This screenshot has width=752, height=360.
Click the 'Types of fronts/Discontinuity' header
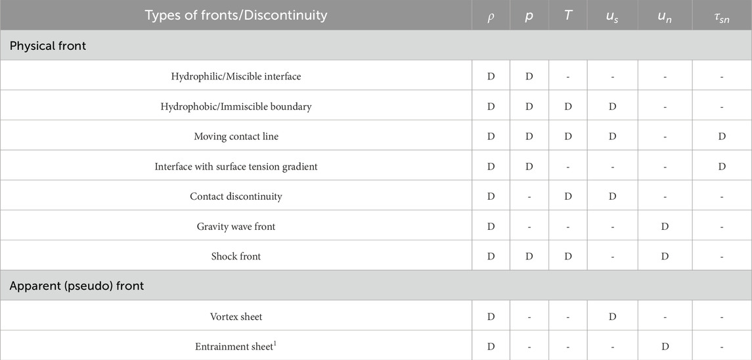click(x=235, y=15)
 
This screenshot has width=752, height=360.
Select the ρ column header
click(x=491, y=17)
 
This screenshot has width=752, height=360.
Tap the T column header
click(x=567, y=16)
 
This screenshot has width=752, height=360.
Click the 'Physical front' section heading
click(x=48, y=46)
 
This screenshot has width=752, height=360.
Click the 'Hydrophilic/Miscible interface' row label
click(x=236, y=76)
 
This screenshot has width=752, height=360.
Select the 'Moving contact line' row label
click(x=236, y=136)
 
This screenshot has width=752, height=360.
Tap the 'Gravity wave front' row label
click(x=236, y=227)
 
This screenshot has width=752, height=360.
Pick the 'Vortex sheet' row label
click(x=236, y=317)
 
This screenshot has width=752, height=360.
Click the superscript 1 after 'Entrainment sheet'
click(x=275, y=344)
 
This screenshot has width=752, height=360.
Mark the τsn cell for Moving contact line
click(x=722, y=136)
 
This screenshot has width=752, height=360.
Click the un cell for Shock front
click(x=665, y=256)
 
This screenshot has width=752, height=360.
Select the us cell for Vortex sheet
click(x=612, y=317)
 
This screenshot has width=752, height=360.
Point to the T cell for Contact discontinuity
click(x=568, y=196)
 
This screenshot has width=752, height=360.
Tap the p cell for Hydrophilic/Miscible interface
click(x=529, y=76)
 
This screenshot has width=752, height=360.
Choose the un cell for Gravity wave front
click(x=665, y=227)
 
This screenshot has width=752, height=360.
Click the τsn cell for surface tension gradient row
click(x=722, y=166)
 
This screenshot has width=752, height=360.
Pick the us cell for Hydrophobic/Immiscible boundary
click(x=612, y=106)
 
